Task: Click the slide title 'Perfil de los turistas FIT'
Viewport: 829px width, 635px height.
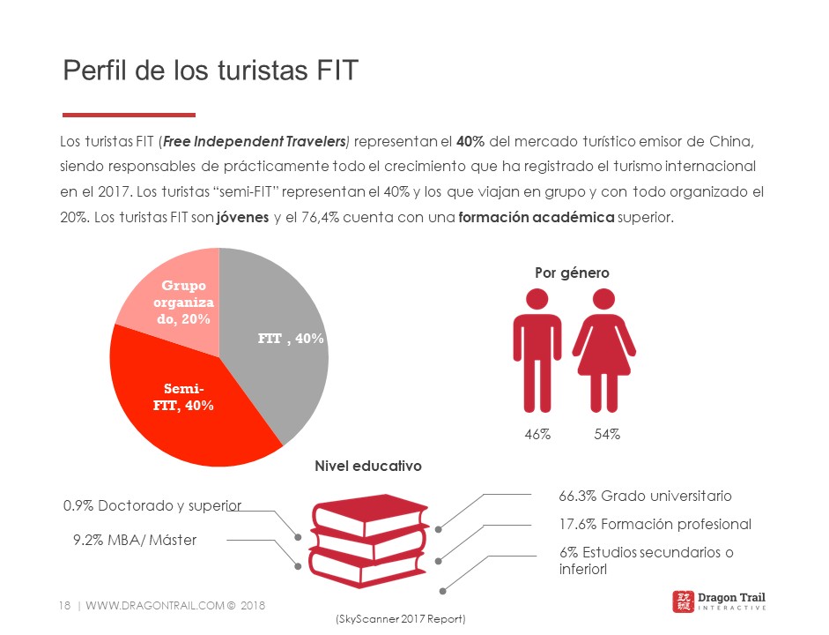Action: [211, 70]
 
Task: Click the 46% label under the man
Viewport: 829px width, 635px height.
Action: [537, 434]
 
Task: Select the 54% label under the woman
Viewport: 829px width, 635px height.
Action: [607, 434]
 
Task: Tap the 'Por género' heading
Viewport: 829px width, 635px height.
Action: [572, 273]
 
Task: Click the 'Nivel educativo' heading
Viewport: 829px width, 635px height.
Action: [368, 465]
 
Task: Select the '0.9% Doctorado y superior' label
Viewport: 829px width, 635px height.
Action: [152, 506]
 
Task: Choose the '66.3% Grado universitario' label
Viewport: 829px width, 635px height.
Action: [645, 496]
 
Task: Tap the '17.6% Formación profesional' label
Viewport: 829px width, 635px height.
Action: [655, 524]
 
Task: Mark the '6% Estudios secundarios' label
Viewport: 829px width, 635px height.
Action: [646, 560]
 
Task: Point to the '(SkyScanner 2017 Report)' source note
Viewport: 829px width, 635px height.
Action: [400, 619]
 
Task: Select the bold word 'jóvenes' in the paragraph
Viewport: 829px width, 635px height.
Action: [242, 217]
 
